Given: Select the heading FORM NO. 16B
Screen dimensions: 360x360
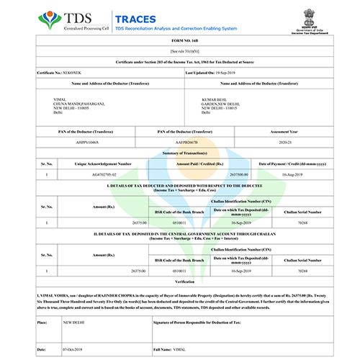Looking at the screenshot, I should click(179, 44).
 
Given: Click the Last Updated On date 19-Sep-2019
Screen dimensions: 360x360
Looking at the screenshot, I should click(232, 74).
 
